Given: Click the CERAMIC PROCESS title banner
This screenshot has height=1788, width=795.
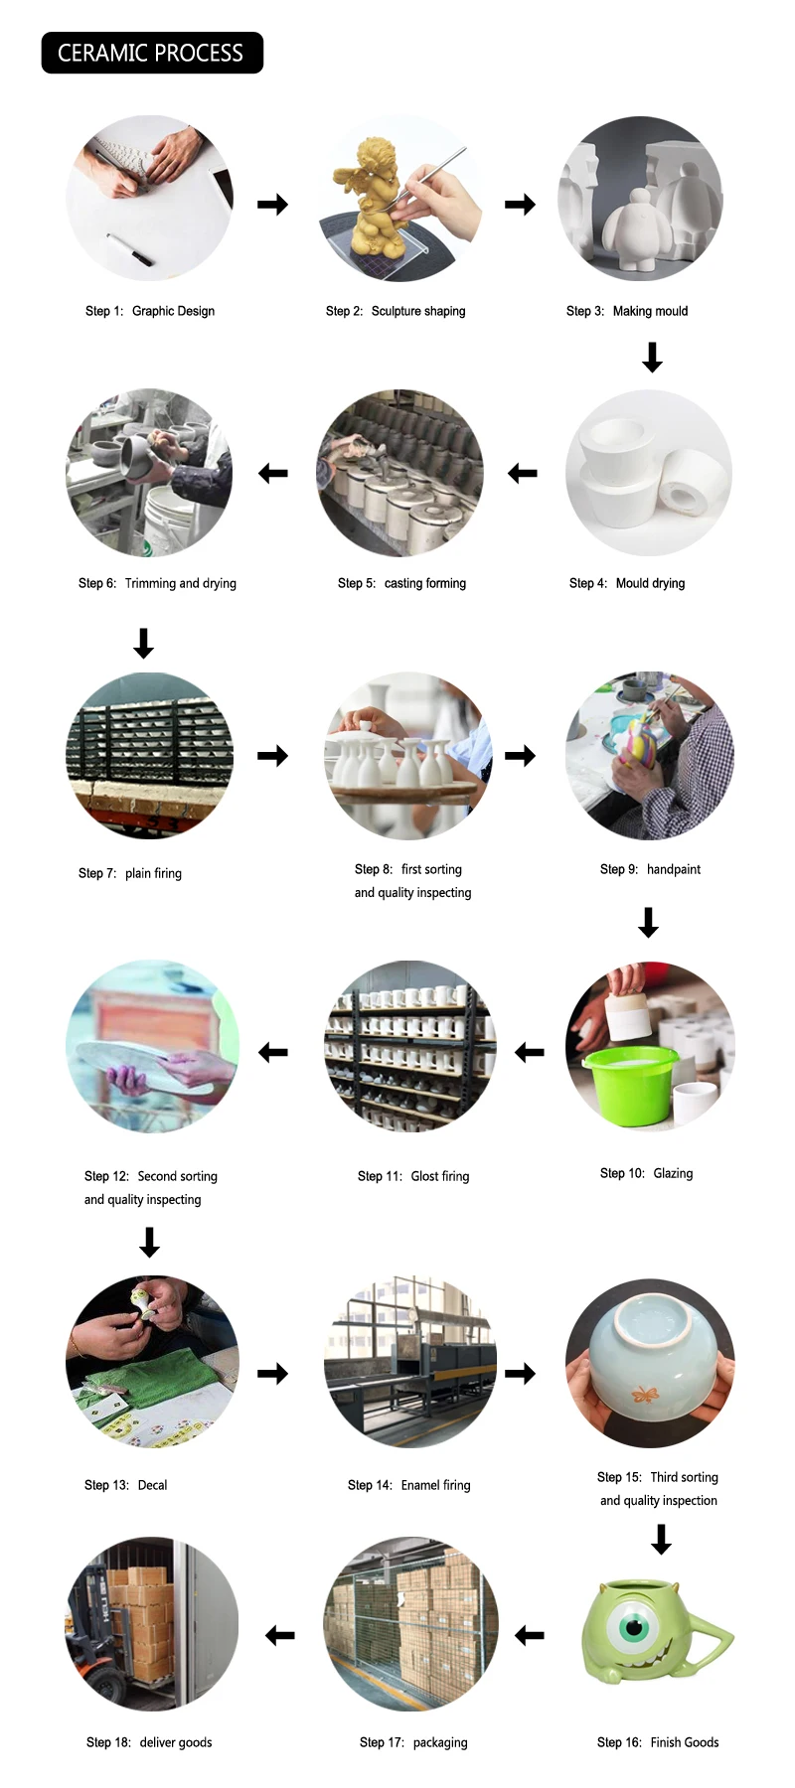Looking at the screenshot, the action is pos(151,53).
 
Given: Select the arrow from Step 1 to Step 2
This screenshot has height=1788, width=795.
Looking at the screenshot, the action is pos(272,205).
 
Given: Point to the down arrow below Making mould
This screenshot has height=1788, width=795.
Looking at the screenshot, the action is pos(652,357).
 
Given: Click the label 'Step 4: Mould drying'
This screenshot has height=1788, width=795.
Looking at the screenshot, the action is pos(627,583).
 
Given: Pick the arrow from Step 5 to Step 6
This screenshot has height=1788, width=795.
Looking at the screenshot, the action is pos(272,474).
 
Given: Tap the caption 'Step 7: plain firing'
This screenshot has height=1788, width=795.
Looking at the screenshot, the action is pos(130,873).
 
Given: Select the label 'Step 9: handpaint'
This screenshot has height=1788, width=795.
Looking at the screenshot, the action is pos(650,869).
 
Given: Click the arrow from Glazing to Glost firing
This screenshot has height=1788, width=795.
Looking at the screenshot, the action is pos(530,1052).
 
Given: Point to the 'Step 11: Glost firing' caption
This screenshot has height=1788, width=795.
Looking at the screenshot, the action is pos(413,1176).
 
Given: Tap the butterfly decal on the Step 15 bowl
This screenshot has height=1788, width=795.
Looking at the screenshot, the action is pos(646,1395).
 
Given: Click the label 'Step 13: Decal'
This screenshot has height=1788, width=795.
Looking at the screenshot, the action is pos(125,1485).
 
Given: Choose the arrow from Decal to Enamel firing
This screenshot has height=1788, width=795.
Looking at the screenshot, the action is pos(272,1374).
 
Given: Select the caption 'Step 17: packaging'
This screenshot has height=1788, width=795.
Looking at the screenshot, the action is pos(413,1742).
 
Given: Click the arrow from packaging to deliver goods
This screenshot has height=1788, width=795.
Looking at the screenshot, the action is pos(280,1635).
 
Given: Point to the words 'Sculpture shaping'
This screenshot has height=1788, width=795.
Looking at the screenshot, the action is pos(418,311).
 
